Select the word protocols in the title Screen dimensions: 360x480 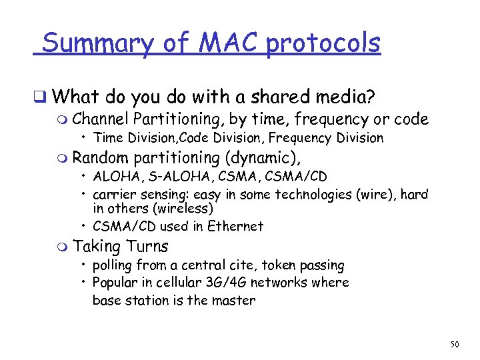[x=323, y=44]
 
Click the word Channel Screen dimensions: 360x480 [x=101, y=120]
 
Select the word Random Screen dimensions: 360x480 [x=101, y=158]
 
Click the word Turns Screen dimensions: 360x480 [x=147, y=246]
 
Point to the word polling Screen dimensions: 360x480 [x=115, y=265]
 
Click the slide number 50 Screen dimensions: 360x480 [x=455, y=345]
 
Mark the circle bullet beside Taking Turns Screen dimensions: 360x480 [x=63, y=247]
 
